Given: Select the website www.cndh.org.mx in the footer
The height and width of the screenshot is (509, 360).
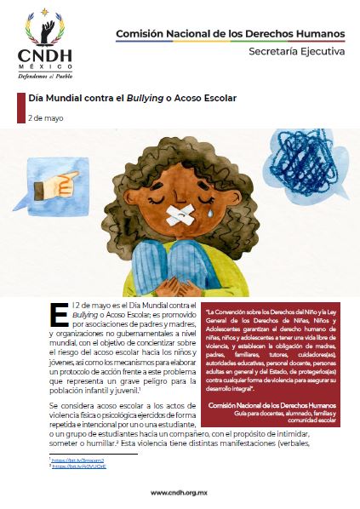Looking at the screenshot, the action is point(180,492).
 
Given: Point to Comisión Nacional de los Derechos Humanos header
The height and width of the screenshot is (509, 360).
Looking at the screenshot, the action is point(230,34).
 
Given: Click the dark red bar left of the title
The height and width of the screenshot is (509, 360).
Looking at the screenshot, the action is point(20,106).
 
